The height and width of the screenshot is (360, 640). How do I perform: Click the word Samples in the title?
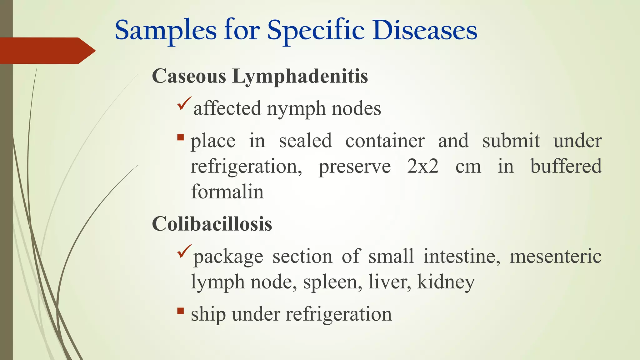(x=166, y=31)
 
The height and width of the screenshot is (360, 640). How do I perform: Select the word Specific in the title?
(x=316, y=31)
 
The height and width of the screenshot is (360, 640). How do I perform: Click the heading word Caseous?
(x=189, y=76)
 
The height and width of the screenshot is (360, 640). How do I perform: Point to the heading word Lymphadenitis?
(x=300, y=76)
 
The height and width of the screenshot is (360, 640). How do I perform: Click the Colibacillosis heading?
(x=212, y=224)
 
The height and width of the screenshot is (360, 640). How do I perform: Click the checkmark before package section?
(x=184, y=251)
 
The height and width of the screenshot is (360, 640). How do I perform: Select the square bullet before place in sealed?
(x=180, y=137)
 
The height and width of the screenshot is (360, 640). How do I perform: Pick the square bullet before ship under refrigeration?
(x=180, y=311)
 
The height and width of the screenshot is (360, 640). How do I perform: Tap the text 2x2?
(x=423, y=166)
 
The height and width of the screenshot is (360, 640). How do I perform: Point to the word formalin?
(x=227, y=192)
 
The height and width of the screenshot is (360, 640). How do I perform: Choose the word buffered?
(x=566, y=166)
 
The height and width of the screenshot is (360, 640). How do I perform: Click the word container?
(x=385, y=141)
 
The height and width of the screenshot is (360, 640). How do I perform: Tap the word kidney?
(x=446, y=282)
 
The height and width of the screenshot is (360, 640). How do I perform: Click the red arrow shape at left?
(x=47, y=51)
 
